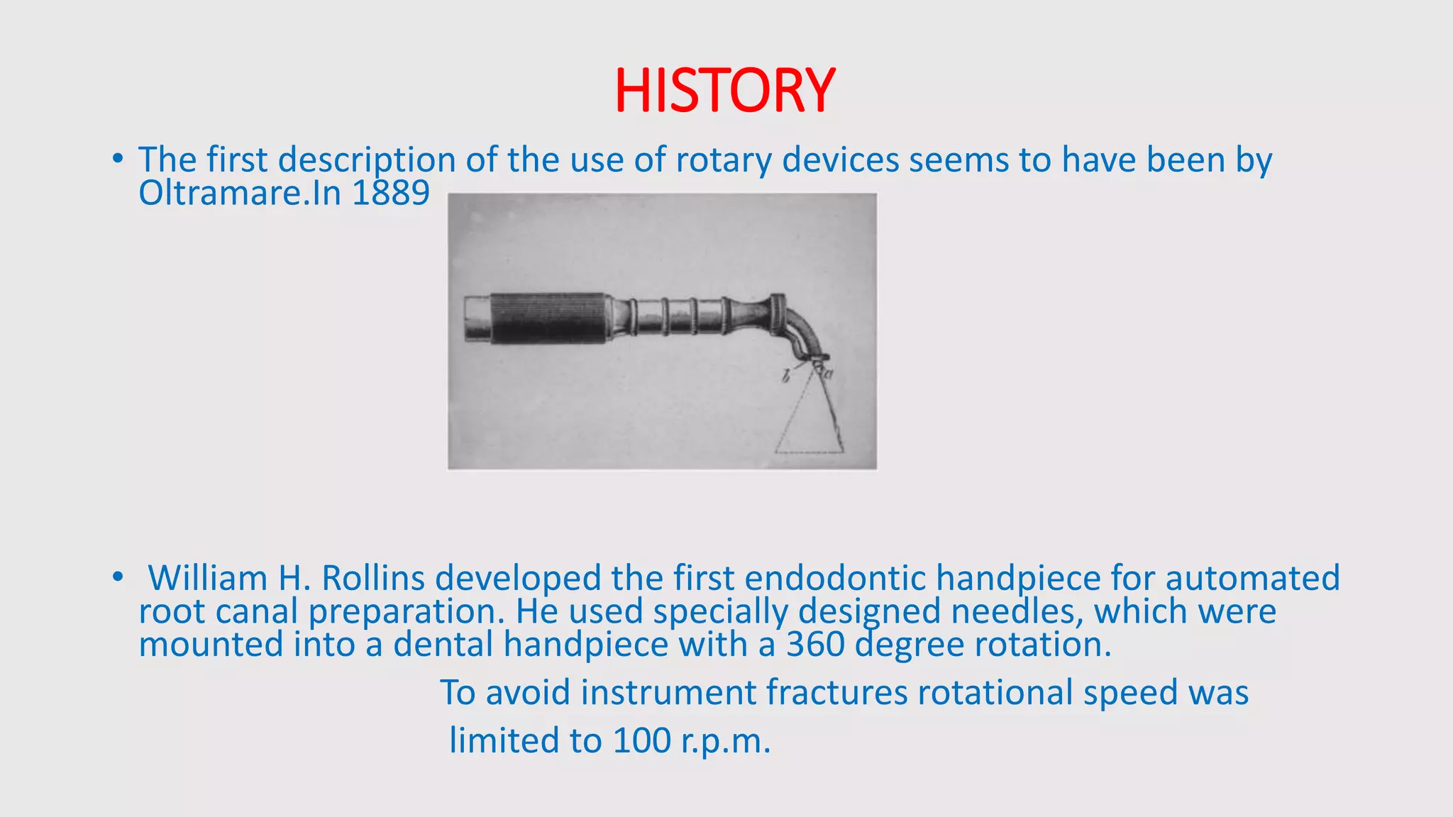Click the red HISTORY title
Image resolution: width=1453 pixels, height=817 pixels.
click(x=724, y=91)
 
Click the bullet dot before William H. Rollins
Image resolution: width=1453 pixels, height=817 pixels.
click(x=118, y=577)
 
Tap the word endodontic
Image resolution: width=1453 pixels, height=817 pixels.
click(x=835, y=578)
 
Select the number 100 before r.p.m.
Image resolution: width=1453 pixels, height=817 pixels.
click(x=641, y=741)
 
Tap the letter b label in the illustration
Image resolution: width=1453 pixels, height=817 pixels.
click(x=785, y=377)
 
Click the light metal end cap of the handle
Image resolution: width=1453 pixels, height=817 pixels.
click(x=477, y=318)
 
